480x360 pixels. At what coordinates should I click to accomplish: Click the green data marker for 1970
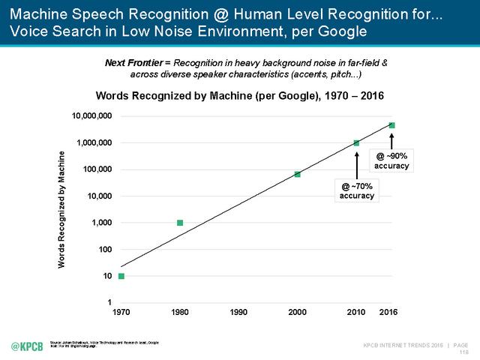[x=121, y=277]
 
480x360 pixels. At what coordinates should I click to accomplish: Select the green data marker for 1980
[x=180, y=223]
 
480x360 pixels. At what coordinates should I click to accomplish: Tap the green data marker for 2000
[x=298, y=174]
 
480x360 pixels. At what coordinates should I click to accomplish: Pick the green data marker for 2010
[x=356, y=143]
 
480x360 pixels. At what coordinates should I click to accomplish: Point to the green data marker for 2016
[x=391, y=125]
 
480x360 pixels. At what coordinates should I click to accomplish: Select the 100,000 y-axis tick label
[x=96, y=169]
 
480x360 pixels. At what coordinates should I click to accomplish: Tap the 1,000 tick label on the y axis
[x=101, y=223]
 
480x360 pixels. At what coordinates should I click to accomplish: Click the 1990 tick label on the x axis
[x=238, y=311]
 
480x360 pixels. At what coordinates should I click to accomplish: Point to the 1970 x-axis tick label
[x=121, y=311]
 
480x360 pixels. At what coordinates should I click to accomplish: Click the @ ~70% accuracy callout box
[x=357, y=190]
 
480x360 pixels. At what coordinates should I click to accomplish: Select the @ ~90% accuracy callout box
[x=392, y=160]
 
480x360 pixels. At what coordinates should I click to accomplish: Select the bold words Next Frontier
[x=133, y=63]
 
